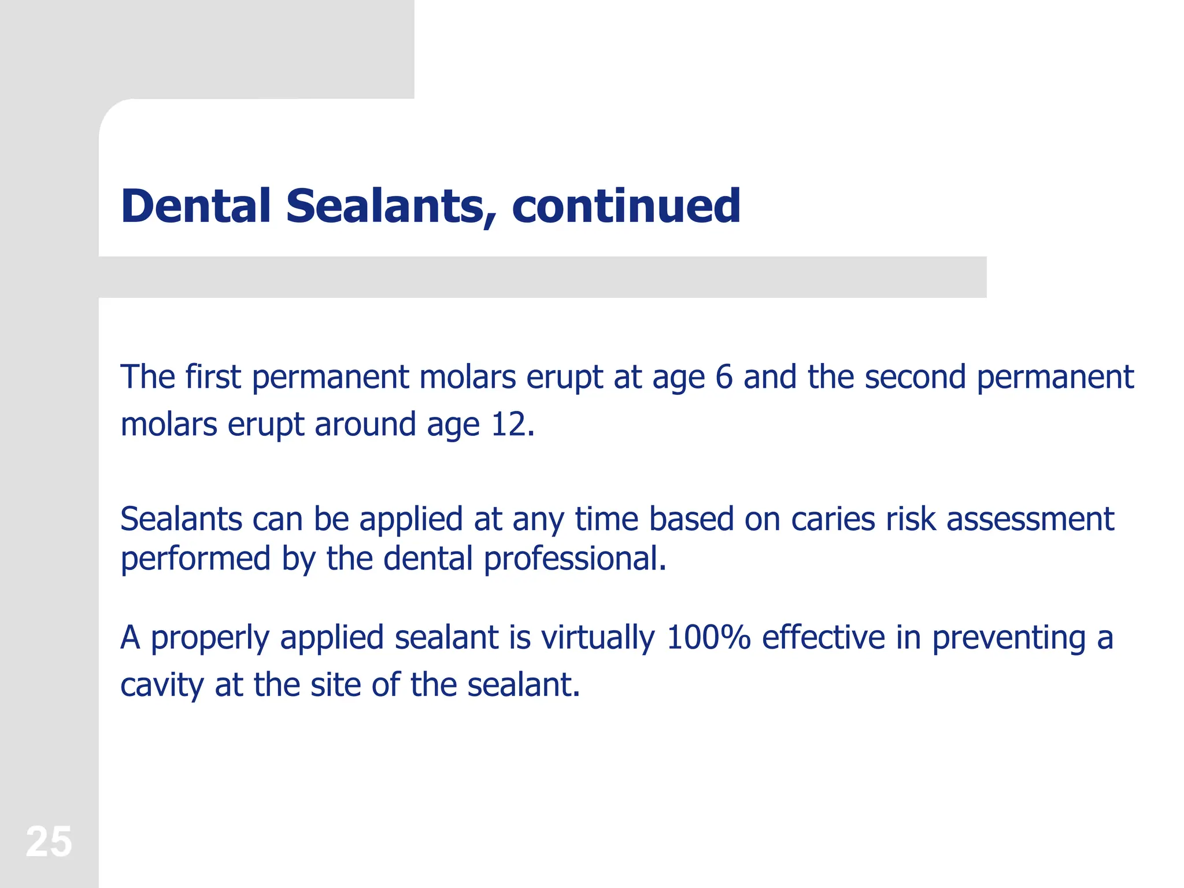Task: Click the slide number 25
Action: pos(49,842)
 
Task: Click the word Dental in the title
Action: pos(196,206)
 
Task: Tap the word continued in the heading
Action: pos(626,206)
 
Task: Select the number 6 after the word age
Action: pos(724,377)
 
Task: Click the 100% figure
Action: pos(708,637)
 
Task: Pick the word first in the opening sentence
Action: pos(212,377)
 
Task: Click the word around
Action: pos(365,424)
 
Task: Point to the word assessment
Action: pos(1030,519)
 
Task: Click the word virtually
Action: pos(598,637)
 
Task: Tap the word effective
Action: pos(823,637)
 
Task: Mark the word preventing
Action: pos(1008,638)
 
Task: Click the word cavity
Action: pos(162,686)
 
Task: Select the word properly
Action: pos(210,638)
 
